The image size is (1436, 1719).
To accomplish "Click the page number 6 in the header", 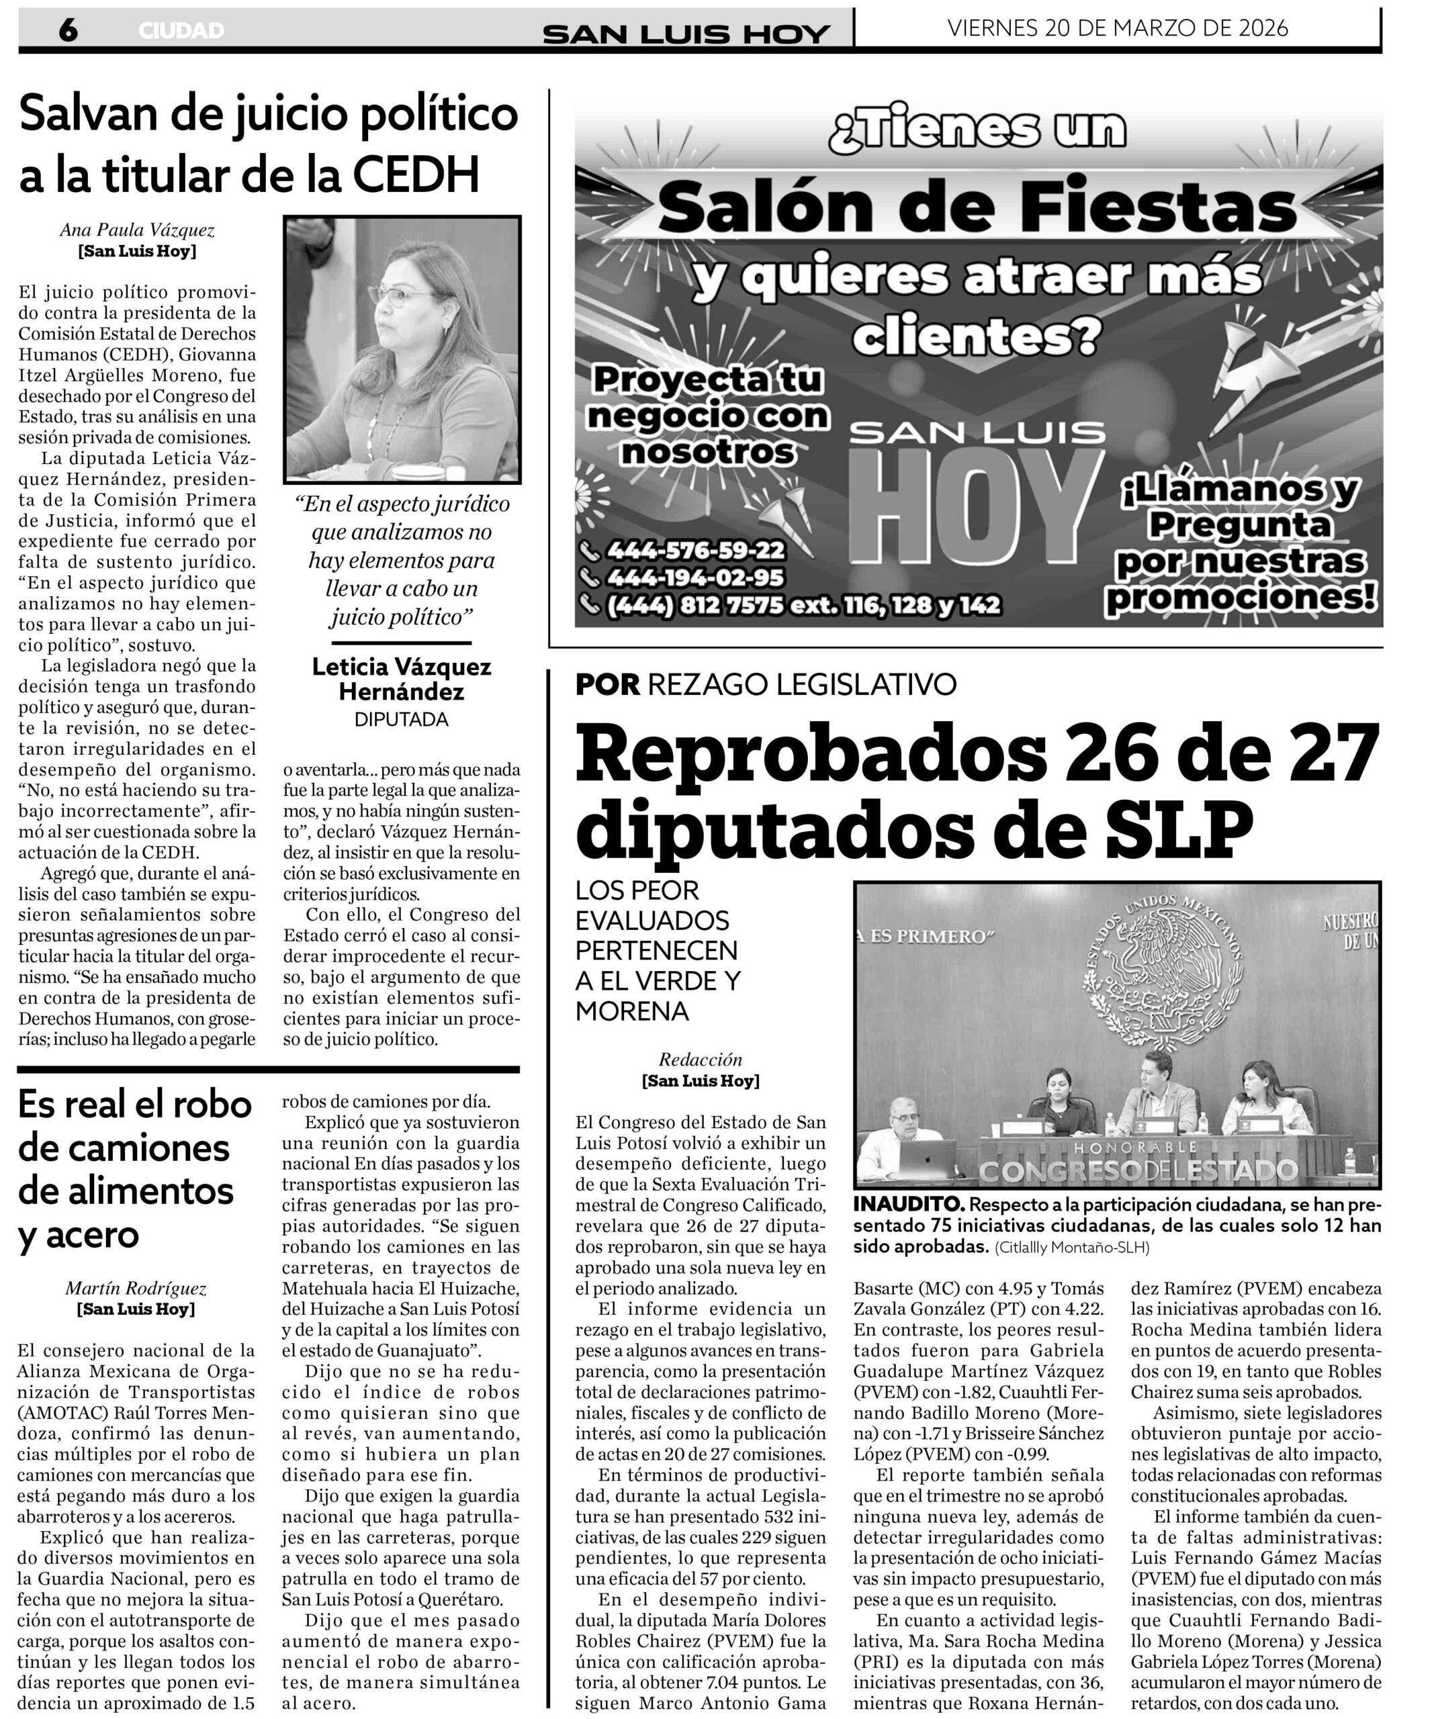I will pos(68,30).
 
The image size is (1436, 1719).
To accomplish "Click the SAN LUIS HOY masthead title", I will pos(686,34).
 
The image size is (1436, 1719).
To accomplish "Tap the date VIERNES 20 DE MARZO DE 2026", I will pos(1118,28).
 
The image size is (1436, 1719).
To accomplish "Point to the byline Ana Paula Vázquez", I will pos(137,230).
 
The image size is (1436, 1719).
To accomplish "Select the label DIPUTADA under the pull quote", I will pos(401,720).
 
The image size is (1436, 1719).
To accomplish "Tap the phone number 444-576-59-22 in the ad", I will pos(694,550).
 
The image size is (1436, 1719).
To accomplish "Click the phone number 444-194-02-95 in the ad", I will pos(694,578).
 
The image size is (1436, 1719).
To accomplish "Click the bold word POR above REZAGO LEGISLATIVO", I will pos(607,684).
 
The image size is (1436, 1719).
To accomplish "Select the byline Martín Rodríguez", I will pos(136,1289).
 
